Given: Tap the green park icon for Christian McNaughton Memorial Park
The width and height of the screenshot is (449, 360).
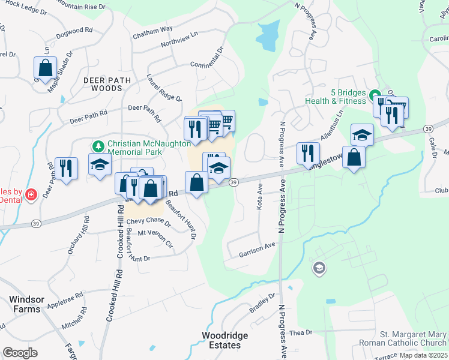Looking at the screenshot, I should click(98, 146).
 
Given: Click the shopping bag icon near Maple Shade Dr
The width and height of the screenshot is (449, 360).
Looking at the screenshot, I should click(45, 67).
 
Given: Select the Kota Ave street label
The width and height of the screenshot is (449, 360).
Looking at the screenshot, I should click(260, 197).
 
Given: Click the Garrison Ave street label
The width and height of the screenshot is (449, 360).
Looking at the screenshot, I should click(257, 249).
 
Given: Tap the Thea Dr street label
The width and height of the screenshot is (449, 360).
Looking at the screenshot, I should click(301, 332).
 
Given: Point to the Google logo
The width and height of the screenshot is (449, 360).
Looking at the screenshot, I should click(20, 353).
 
